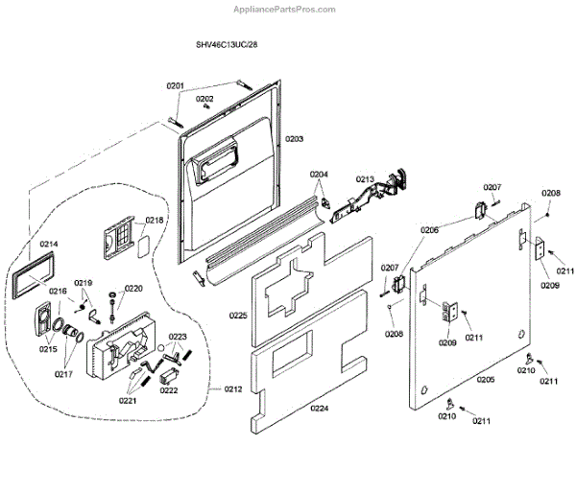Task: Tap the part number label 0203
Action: pos(294,139)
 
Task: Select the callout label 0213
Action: pos(365,179)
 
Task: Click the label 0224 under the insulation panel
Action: pos(319,409)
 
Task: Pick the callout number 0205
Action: pos(485,381)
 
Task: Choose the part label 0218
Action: pos(155,221)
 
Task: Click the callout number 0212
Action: pos(233,388)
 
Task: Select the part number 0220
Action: pos(132,288)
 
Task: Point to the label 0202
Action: pos(205,99)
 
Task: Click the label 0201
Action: pos(175,85)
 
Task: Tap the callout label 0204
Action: pos(319,174)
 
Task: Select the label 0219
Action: pos(84,283)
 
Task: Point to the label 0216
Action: pos(58,292)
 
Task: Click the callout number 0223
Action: pos(178,337)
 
